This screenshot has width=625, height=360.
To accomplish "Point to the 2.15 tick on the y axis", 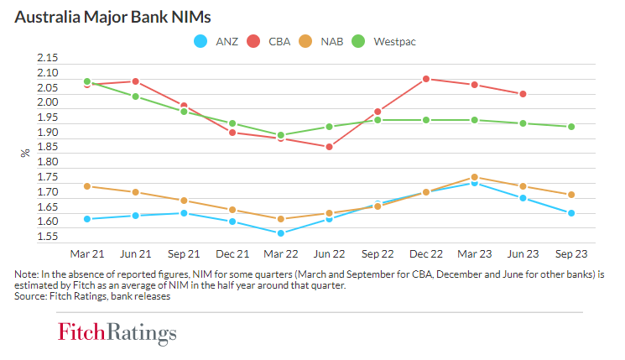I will [48, 58].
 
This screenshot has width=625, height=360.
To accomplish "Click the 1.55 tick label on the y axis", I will [48, 237].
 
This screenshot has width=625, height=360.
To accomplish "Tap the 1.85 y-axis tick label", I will [48, 147].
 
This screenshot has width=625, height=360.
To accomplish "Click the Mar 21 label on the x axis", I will [87, 253].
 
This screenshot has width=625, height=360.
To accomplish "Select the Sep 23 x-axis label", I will [570, 253].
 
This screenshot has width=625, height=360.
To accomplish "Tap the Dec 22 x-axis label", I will [426, 253].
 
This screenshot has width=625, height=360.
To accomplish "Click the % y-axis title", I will [25, 153].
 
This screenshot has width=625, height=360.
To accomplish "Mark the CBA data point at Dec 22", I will [426, 79].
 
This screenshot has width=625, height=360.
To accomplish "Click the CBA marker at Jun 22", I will [330, 147].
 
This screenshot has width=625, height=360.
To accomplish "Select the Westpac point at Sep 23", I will [570, 127].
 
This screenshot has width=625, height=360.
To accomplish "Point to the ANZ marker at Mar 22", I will [281, 233].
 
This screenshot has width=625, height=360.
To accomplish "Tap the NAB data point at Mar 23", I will [475, 177].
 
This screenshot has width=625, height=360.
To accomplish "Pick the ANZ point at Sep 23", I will [570, 213].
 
